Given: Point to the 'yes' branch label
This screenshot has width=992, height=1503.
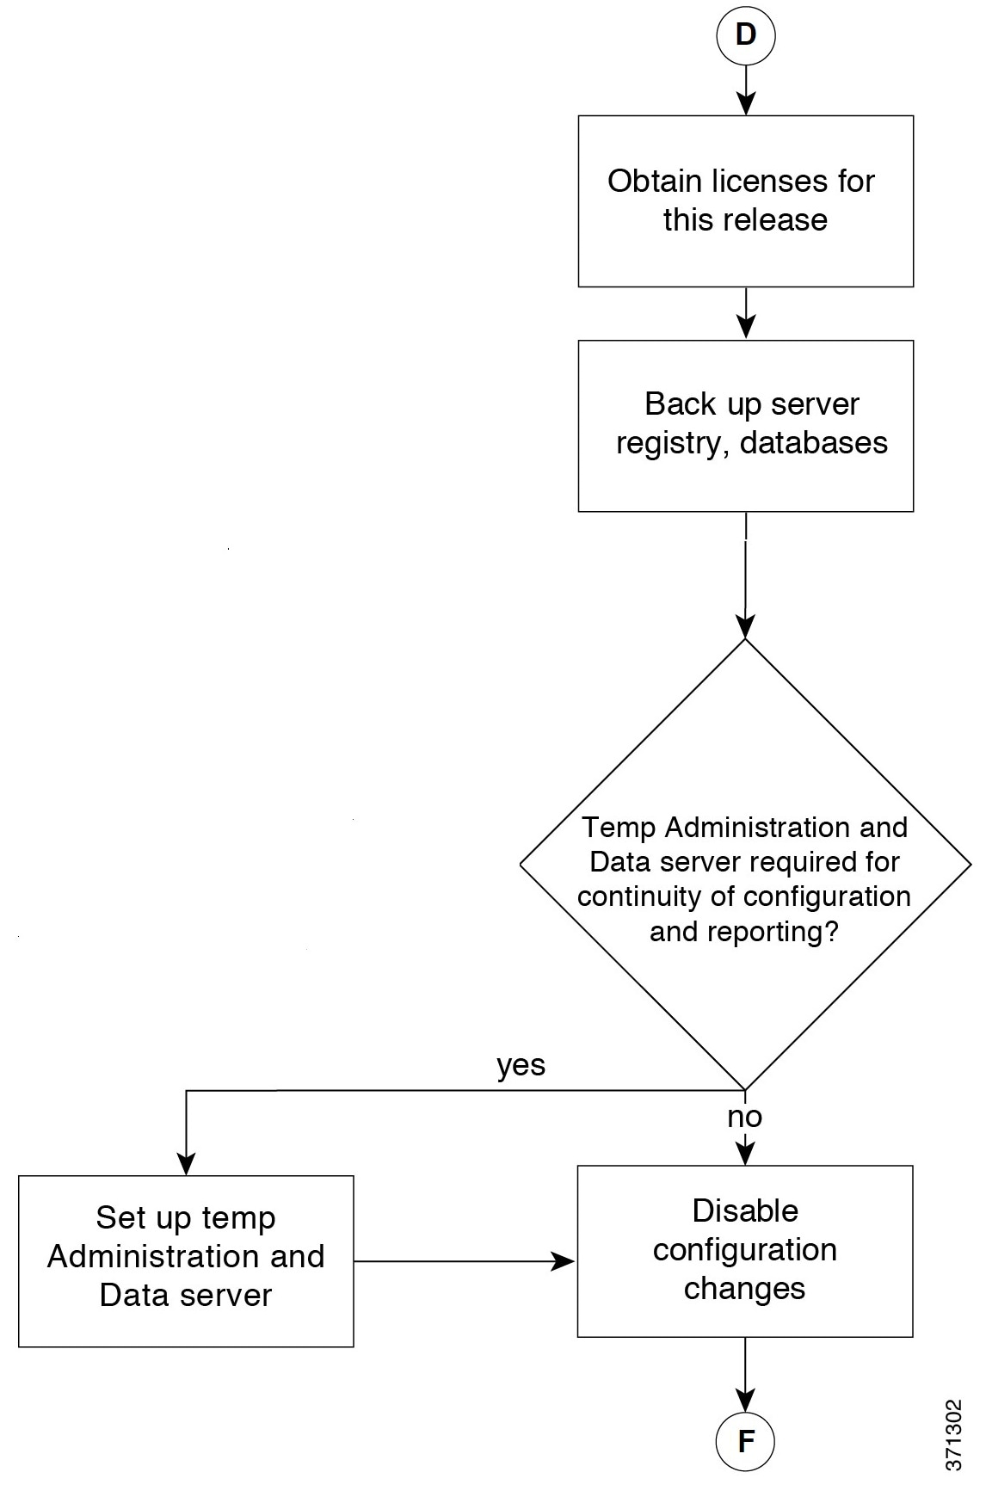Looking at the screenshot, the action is [x=521, y=1066].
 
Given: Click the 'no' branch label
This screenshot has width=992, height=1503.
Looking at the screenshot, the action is [x=744, y=1117].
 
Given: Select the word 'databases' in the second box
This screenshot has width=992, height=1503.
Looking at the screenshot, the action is [x=814, y=442].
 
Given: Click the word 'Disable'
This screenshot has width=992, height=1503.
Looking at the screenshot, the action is [x=745, y=1210].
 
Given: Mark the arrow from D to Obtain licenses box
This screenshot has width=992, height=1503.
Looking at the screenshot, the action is [x=745, y=90].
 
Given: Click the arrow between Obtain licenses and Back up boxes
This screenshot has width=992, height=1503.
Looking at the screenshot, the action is [x=745, y=313].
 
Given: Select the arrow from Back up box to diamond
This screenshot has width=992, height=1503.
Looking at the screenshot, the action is [x=745, y=576].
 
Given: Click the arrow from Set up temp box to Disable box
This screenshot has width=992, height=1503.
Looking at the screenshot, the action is [x=465, y=1261].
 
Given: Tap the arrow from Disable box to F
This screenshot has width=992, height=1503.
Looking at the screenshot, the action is [x=745, y=1375].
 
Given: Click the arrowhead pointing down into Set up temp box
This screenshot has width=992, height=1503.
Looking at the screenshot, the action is [x=186, y=1164].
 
